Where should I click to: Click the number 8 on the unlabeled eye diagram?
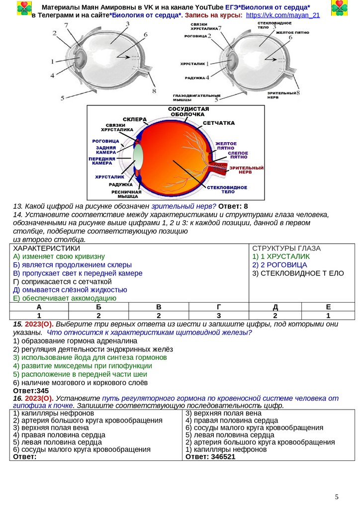(x=154, y=91)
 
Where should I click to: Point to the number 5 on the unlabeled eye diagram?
(x=62, y=98)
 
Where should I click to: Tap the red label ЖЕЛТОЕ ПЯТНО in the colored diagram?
(x=226, y=146)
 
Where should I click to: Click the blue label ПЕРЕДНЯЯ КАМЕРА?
(x=102, y=161)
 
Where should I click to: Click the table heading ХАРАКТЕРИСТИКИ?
(x=46, y=248)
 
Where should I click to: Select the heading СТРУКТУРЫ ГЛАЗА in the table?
(x=286, y=248)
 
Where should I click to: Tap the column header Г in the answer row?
(x=219, y=307)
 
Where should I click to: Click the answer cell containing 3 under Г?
(x=219, y=315)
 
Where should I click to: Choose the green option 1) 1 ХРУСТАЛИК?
(x=281, y=256)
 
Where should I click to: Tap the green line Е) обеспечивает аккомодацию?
(x=65, y=298)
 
